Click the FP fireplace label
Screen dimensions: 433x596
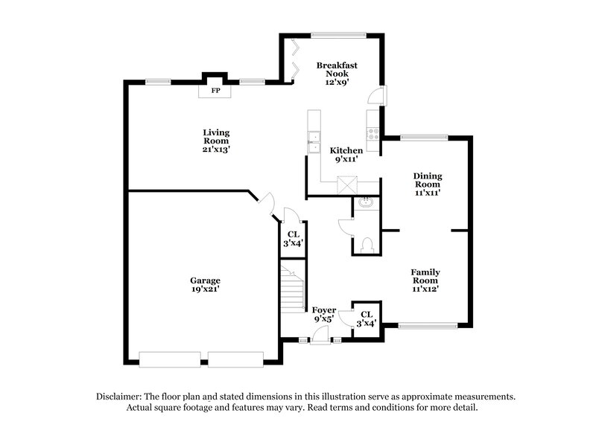pyautogui.click(x=216, y=91)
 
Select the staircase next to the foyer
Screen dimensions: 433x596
pyautogui.click(x=293, y=286)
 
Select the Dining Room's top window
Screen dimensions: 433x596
pyautogui.click(x=424, y=137)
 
